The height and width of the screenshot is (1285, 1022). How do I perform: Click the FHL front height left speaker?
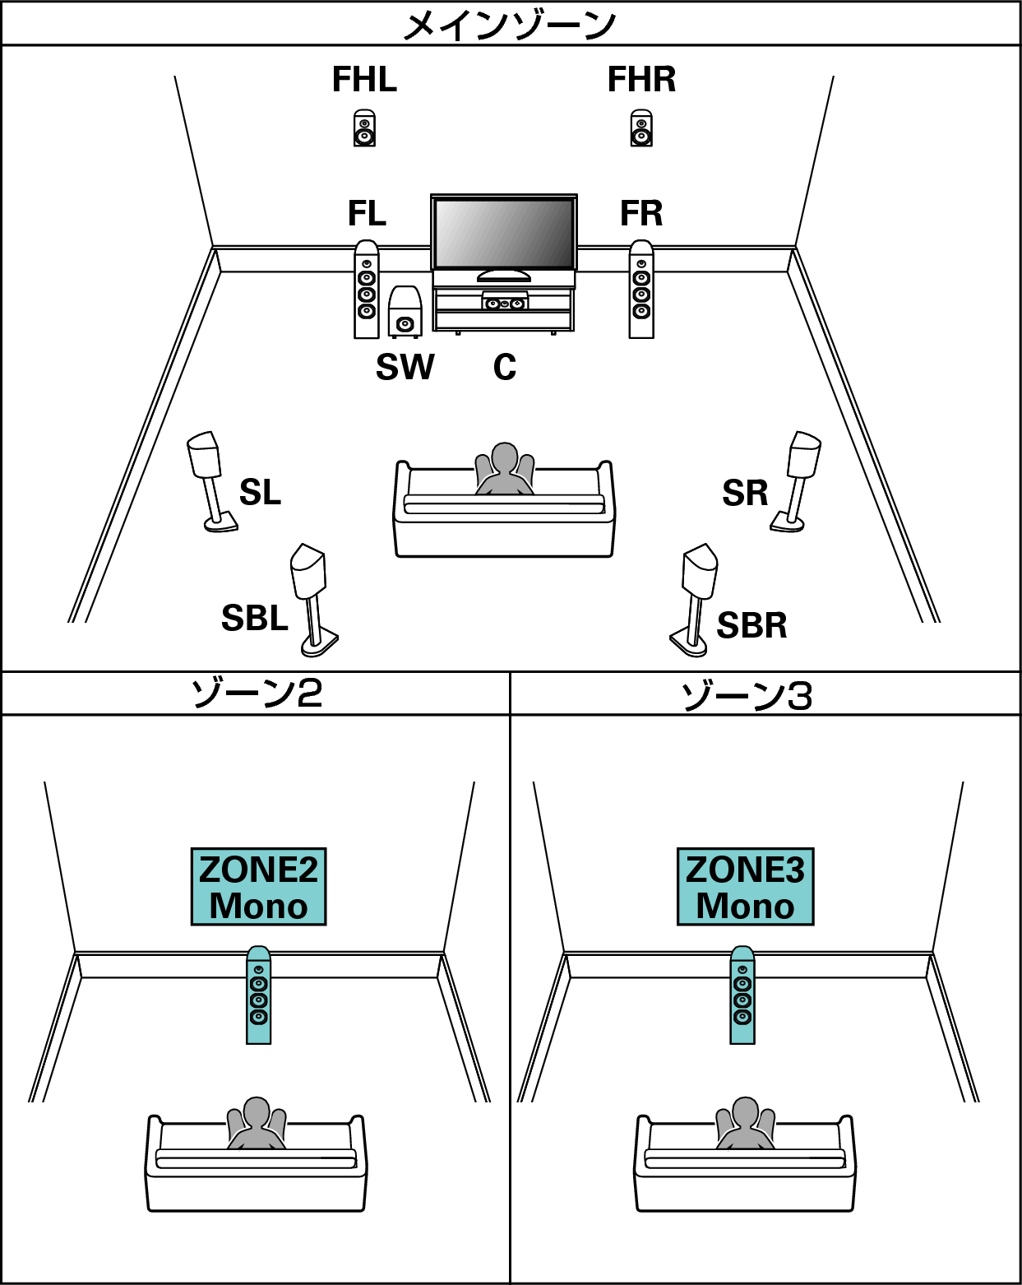[364, 128]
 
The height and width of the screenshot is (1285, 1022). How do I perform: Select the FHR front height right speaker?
[641, 128]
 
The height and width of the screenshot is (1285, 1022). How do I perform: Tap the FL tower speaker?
[367, 290]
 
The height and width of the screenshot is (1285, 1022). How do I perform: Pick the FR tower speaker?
[641, 290]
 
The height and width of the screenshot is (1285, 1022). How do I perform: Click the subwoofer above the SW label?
[405, 313]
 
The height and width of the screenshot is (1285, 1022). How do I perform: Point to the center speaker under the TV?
[504, 303]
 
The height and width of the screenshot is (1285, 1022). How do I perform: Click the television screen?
[503, 232]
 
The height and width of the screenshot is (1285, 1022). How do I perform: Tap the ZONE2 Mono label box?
[258, 887]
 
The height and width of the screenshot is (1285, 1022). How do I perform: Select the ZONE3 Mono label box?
[745, 887]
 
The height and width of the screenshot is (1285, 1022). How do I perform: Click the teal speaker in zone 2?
[258, 995]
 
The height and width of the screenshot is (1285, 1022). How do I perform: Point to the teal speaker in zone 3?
[742, 995]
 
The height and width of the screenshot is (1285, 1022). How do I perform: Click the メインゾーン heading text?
[510, 25]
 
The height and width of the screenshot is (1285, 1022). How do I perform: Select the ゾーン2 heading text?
[256, 694]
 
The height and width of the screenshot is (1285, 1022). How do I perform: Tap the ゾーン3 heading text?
[747, 695]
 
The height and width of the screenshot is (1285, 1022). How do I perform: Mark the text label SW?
[405, 367]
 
